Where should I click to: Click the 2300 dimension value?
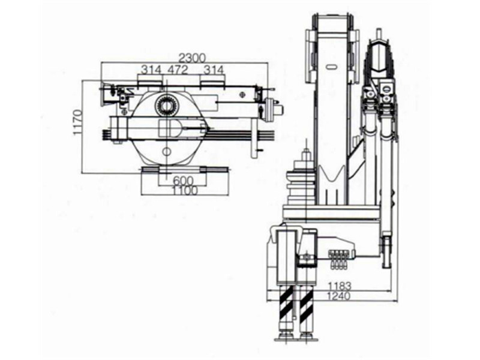point(193,57)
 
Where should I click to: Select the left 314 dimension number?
point(151,70)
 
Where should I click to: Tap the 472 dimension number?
point(178,70)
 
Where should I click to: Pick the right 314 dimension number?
point(214,70)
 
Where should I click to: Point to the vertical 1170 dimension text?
point(77,123)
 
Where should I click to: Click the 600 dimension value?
point(183,181)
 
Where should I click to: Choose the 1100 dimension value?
point(185,190)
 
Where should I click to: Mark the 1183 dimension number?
point(340,287)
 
